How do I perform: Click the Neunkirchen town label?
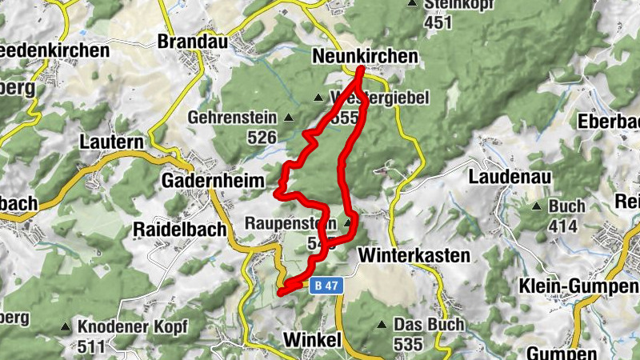coord(364,56)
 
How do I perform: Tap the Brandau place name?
coord(193,42)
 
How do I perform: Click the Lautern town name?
coord(111,142)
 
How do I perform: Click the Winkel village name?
coord(312,340)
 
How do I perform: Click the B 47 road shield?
coord(324,284)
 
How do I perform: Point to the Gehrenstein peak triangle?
coord(289,118)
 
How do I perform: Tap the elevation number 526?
coord(262,138)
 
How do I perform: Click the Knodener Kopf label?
coord(133,327)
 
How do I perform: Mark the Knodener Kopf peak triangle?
coord(65,327)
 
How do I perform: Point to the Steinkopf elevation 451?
coord(438,22)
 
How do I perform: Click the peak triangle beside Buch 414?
coord(535,206)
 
